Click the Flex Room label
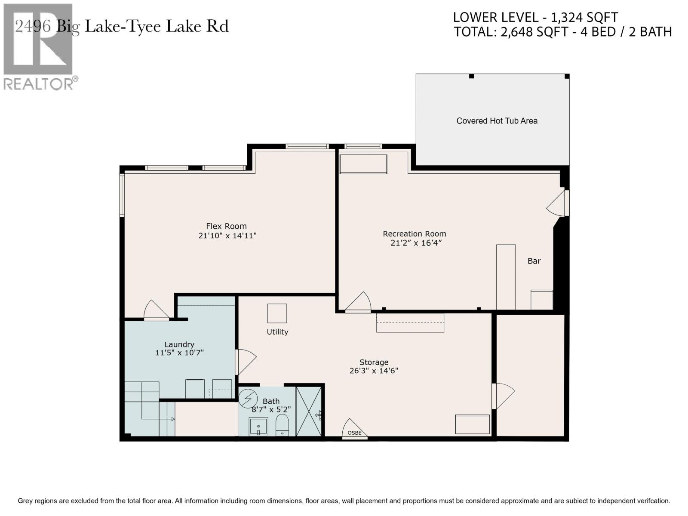click(226, 226)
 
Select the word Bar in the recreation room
click(534, 261)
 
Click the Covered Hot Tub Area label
click(497, 121)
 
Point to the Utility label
click(277, 332)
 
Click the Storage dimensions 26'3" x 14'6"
click(374, 371)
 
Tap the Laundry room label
click(179, 344)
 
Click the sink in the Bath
click(258, 427)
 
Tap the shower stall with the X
click(309, 412)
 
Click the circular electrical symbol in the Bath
click(248, 399)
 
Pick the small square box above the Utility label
click(277, 313)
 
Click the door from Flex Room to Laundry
click(156, 310)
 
